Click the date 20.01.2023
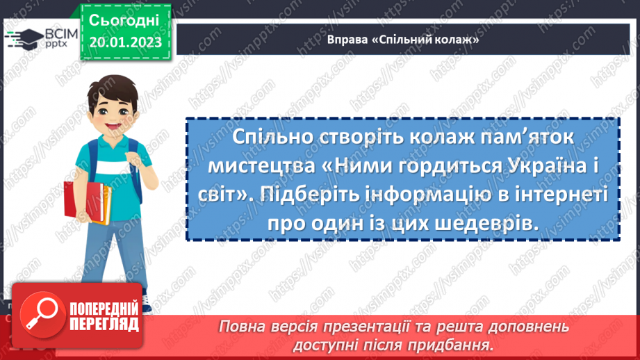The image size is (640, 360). (x=125, y=42)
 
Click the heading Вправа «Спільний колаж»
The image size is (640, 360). (x=404, y=40)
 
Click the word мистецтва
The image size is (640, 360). (x=256, y=167)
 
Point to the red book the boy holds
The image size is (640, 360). (x=78, y=208)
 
